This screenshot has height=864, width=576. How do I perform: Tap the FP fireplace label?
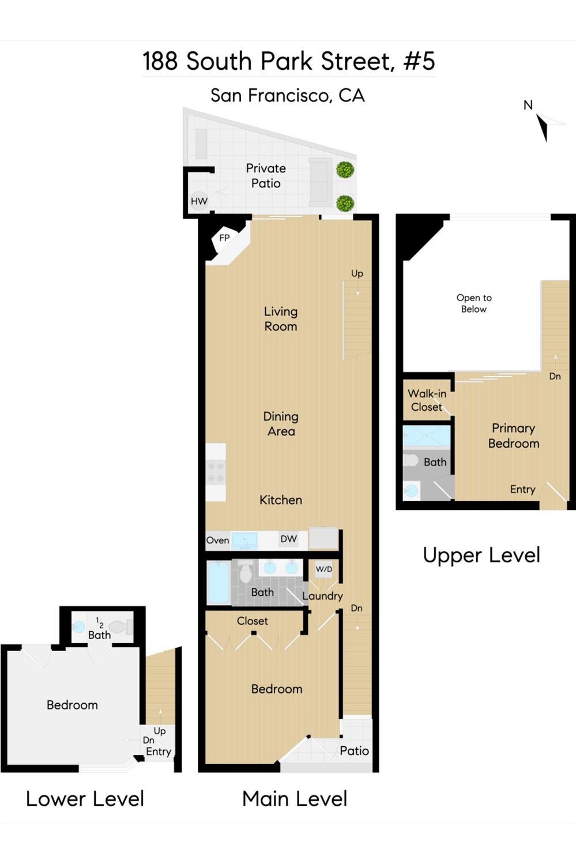pos(224,238)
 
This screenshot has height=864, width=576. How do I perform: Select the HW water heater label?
pos(199,201)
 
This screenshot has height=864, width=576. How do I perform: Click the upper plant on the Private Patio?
pos(345,170)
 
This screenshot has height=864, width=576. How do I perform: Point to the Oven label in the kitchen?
pos(217,540)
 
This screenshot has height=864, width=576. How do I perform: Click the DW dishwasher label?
pos(288,539)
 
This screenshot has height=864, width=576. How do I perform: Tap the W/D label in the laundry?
pos(324,569)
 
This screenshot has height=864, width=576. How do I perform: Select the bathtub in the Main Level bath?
pos(218,583)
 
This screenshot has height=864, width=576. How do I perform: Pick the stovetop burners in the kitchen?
pos(216,472)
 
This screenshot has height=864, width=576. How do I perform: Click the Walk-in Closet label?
pos(427,400)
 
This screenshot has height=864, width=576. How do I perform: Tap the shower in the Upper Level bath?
pos(426,436)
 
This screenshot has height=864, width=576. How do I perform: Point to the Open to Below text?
pos(474,303)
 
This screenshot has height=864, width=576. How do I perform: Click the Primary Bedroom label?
pos(513,435)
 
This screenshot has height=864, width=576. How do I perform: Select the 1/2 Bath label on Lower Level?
pos(99,629)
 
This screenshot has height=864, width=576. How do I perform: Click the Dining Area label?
pos(281,424)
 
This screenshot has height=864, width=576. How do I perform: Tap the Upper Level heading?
pos(481,555)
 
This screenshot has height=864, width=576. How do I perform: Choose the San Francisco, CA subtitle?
pos(287,95)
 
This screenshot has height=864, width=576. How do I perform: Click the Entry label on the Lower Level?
pos(158,752)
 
